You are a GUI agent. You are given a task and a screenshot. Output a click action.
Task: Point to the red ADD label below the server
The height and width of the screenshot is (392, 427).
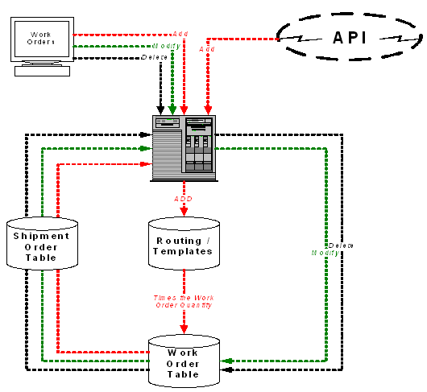click(x=183, y=198)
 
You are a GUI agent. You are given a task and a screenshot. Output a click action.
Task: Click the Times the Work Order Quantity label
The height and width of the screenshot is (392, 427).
click(x=184, y=302)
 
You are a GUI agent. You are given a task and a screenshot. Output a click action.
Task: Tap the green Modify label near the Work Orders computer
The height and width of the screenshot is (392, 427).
click(x=166, y=47)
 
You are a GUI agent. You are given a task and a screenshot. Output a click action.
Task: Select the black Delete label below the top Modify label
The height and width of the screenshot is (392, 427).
click(x=155, y=58)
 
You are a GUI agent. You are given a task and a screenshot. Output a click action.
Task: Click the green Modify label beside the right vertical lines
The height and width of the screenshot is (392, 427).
click(x=324, y=253)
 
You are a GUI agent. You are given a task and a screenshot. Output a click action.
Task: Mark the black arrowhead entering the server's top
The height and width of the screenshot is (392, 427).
click(x=160, y=109)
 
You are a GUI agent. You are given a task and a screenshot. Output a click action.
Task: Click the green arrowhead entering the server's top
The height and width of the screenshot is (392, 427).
click(x=172, y=109)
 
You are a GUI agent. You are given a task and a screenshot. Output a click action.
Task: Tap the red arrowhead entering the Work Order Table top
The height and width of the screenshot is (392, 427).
click(x=184, y=329)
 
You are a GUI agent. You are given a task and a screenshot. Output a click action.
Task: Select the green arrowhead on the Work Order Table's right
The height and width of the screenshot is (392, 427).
click(x=226, y=361)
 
